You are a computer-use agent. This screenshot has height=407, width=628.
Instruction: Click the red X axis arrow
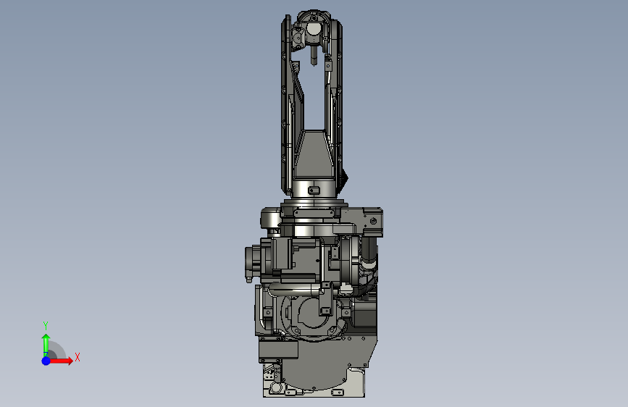coord(60,361)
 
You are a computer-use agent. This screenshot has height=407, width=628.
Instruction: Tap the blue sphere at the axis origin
coord(46,361)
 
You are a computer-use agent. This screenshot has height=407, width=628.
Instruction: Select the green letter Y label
coord(46,325)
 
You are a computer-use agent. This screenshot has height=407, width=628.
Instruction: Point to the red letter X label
coord(78,357)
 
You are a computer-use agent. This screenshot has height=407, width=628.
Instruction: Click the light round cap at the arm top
coord(313,29)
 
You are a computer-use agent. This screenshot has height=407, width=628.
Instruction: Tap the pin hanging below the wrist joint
coord(314,55)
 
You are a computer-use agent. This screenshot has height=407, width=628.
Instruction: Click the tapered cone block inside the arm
coord(314,154)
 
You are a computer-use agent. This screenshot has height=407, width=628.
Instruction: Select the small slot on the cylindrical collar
coord(314,190)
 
